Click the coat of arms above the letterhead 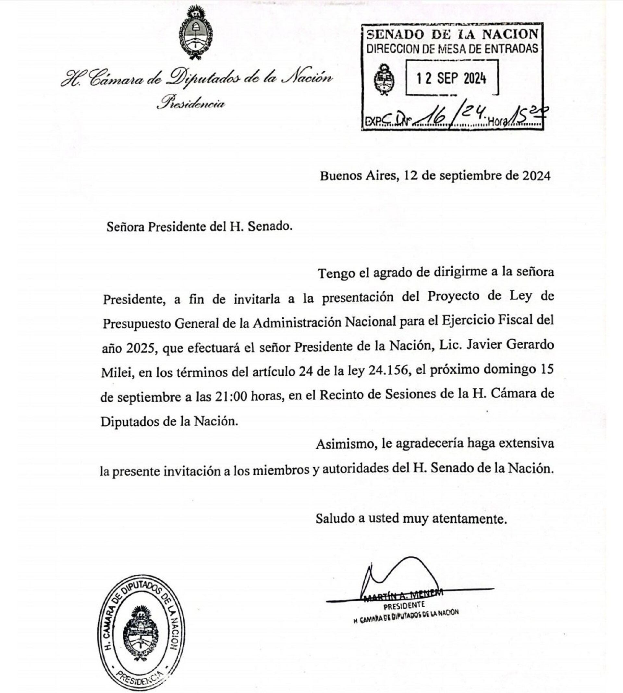click(195, 32)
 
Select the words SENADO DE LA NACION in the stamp click(452, 34)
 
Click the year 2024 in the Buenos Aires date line click(536, 176)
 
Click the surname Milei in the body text click(117, 372)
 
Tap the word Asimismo click(347, 444)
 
